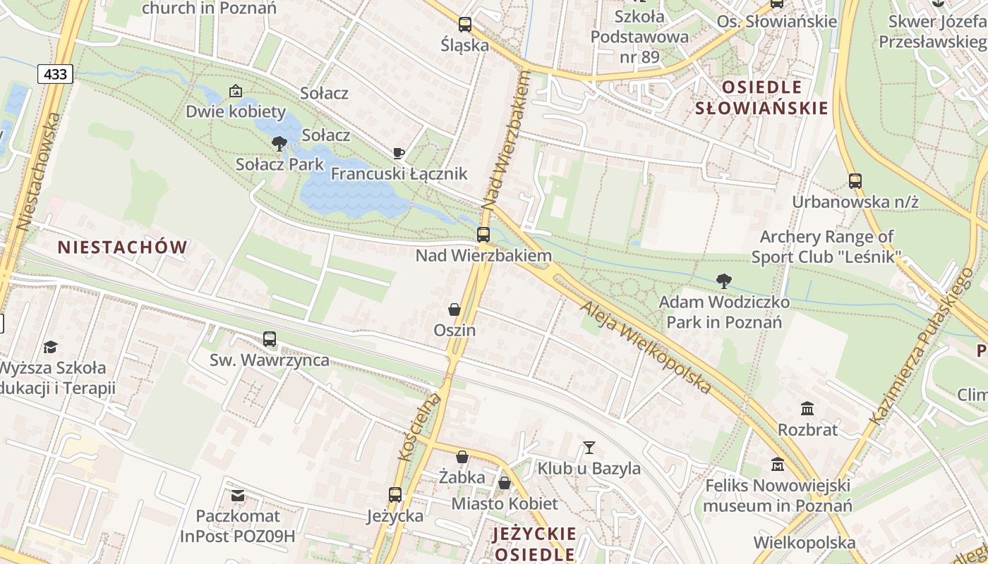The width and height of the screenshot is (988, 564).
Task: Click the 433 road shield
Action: coord(55,74)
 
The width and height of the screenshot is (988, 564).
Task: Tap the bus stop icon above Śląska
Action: coord(464,25)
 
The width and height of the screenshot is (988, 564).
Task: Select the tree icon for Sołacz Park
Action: coord(279,144)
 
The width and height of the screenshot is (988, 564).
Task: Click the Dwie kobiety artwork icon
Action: coord(236,91)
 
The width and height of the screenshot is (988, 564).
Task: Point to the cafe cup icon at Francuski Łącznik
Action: coord(399,153)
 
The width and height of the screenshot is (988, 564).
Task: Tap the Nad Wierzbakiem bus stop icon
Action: coord(483,235)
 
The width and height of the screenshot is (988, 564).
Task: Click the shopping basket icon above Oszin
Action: coord(454,309)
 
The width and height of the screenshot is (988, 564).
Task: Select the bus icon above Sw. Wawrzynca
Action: coord(270,339)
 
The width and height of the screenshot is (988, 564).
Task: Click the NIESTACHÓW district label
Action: coord(123,247)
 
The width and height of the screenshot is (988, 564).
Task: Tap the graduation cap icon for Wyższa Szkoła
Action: coord(50,347)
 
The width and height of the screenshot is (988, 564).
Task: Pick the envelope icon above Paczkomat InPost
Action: coord(237,496)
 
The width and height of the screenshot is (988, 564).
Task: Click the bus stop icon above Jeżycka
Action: coord(395,495)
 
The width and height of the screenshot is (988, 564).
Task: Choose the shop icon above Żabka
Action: coord(462,457)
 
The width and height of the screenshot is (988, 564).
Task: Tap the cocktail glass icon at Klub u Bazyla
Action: coord(589,447)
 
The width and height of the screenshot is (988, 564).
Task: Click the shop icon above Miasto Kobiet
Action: coord(505,483)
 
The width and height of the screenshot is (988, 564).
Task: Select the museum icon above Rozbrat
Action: coord(807,408)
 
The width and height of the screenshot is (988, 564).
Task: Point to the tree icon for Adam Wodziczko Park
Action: coord(723,281)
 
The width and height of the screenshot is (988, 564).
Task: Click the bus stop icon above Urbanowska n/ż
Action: coord(855,181)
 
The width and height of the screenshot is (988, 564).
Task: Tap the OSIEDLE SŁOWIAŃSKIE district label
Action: coord(761,98)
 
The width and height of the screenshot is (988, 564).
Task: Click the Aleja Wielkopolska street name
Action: coord(646,348)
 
